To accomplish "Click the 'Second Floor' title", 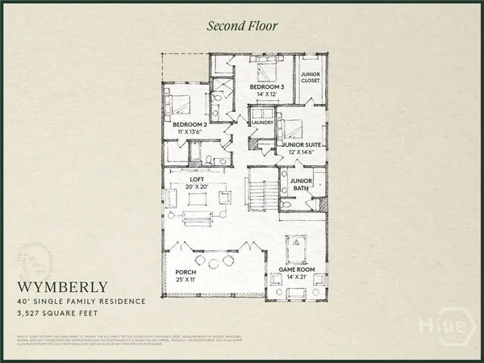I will coord(242,26).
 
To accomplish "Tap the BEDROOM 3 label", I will coord(266,86).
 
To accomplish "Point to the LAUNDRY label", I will coord(263,123).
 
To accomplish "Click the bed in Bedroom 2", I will coord(178,104).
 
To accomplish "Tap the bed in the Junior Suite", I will coord(292,127).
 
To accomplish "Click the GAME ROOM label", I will coord(296,268).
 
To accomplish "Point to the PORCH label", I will coord(186,272).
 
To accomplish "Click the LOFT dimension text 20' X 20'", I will coord(198,186).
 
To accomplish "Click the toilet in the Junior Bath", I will coord(286,203).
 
